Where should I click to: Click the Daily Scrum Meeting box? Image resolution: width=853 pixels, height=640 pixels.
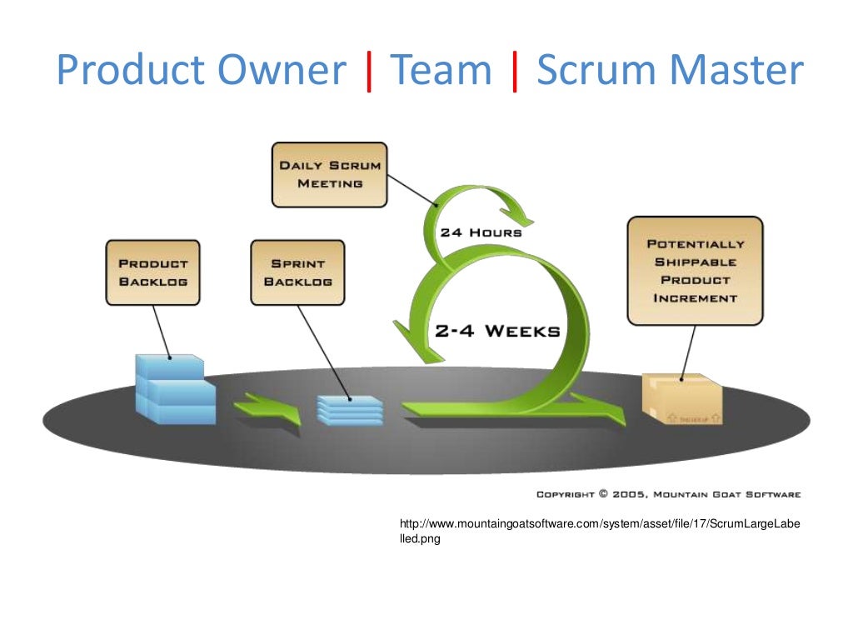click(329, 174)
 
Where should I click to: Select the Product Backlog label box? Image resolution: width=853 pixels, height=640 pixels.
click(152, 272)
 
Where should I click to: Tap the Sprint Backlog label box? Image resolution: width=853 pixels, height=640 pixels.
click(297, 272)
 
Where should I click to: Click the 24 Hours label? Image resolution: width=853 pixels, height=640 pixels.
click(481, 232)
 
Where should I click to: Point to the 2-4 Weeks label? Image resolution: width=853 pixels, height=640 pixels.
click(496, 331)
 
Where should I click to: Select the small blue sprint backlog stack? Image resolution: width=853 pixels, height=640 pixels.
click(349, 410)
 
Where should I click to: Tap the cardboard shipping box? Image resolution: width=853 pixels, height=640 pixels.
click(681, 399)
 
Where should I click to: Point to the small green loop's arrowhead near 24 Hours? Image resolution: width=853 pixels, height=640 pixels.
click(521, 218)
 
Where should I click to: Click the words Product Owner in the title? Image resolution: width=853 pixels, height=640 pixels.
click(200, 71)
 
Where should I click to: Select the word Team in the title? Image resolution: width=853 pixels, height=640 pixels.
click(441, 71)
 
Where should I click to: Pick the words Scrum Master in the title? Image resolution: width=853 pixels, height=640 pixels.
click(670, 71)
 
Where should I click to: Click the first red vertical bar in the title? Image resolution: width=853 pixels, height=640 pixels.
click(368, 71)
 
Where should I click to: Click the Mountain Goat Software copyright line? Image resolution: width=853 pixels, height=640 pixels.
click(668, 494)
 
